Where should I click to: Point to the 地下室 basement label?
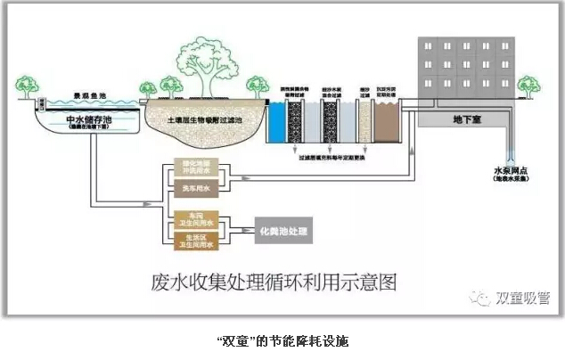[x=463, y=118]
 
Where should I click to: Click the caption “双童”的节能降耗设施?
[x=282, y=340]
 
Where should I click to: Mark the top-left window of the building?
[x=429, y=45]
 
